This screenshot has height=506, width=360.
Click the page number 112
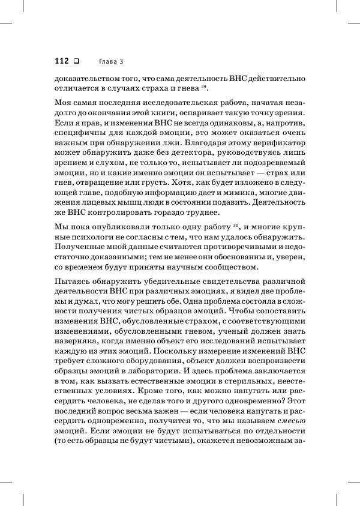pos(62,61)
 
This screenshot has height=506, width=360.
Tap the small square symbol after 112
pos(76,61)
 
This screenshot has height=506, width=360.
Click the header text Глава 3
pos(110,61)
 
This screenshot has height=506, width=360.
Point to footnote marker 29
pos(204,88)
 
